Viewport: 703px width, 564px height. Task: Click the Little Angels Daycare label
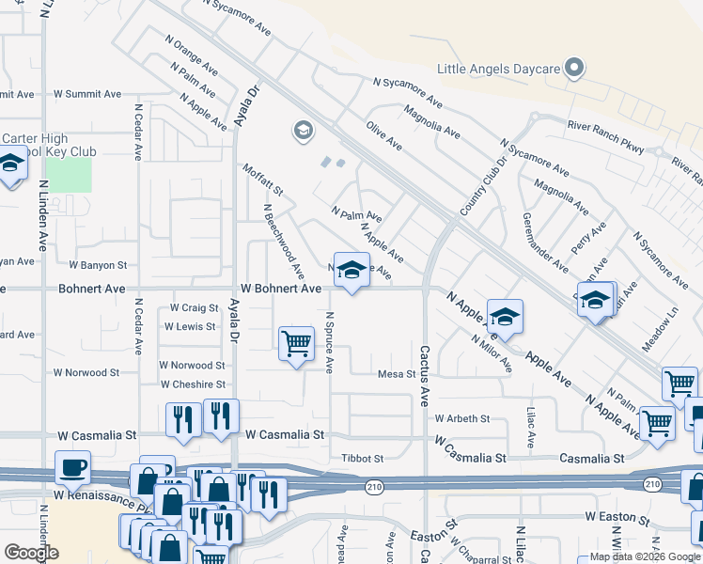coord(499,69)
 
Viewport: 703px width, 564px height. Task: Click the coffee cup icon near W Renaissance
coord(72,466)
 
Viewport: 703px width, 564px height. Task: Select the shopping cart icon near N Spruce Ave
coord(296,343)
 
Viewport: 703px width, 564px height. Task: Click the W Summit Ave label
coord(87,94)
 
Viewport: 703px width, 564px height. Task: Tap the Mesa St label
coord(396,374)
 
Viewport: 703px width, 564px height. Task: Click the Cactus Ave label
coord(424,358)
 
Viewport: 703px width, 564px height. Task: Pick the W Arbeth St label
coord(461,418)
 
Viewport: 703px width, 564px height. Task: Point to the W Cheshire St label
coord(193,384)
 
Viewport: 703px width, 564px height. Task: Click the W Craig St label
coord(195,308)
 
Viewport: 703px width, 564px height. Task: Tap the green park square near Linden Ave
coord(69,175)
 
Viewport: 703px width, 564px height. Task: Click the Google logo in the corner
coord(31,553)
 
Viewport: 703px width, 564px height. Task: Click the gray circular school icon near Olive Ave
coord(303,130)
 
